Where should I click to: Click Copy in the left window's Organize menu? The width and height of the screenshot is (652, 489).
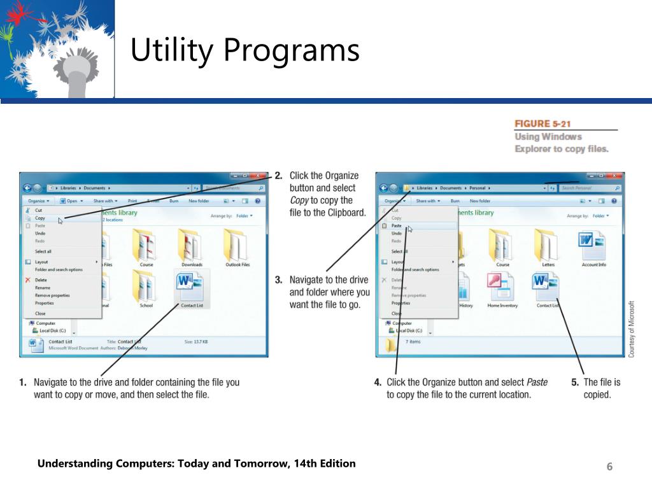point(40,218)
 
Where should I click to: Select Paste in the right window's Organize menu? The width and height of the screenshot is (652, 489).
point(397,225)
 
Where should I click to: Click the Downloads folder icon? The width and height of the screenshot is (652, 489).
point(192,245)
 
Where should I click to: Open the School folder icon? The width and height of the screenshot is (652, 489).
point(146,285)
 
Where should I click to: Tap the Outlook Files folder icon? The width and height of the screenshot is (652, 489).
point(237,245)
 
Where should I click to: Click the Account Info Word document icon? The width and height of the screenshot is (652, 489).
point(593,245)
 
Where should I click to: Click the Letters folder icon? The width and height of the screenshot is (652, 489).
point(548,245)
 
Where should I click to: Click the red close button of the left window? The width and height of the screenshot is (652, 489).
point(259,176)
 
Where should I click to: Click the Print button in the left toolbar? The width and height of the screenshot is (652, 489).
point(132,201)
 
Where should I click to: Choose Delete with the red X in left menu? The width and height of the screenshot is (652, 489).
point(41,280)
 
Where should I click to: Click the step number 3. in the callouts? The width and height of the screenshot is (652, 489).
point(279,280)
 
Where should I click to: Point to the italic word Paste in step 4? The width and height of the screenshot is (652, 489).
point(537,382)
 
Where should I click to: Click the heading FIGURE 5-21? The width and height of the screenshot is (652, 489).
point(542,124)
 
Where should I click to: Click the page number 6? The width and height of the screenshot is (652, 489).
point(609,467)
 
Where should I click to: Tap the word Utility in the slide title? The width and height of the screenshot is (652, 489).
point(170,50)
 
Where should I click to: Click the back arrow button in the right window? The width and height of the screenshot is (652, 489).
point(383,188)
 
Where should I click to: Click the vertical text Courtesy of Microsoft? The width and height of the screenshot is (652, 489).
point(632,329)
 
